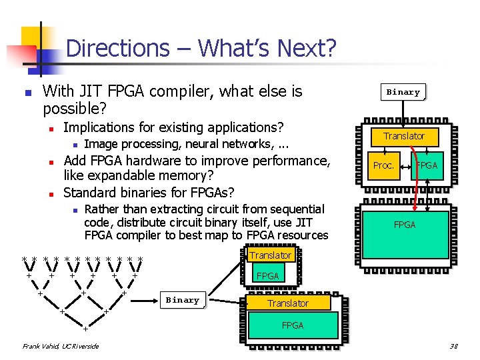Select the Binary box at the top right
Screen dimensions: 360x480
point(403,92)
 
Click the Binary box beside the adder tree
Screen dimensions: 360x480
point(182,300)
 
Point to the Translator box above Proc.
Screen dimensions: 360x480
point(404,136)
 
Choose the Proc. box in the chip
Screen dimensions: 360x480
point(384,165)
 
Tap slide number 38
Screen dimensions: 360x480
point(453,346)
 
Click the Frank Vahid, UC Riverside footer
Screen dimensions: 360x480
point(61,346)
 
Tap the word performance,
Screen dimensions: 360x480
point(287,161)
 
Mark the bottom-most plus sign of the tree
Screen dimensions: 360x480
point(85,328)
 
